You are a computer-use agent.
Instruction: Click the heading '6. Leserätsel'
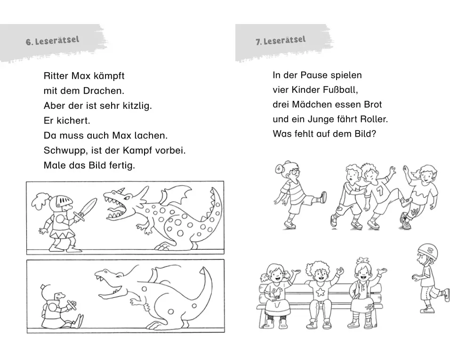click(52, 41)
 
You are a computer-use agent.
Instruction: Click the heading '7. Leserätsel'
click(281, 40)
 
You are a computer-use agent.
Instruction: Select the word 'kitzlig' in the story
click(137, 106)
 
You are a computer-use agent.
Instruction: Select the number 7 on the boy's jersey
click(380, 190)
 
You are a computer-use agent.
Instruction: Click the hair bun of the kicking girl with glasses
click(279, 169)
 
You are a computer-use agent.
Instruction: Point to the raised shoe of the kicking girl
click(322, 197)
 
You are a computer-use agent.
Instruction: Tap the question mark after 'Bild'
click(373, 134)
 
